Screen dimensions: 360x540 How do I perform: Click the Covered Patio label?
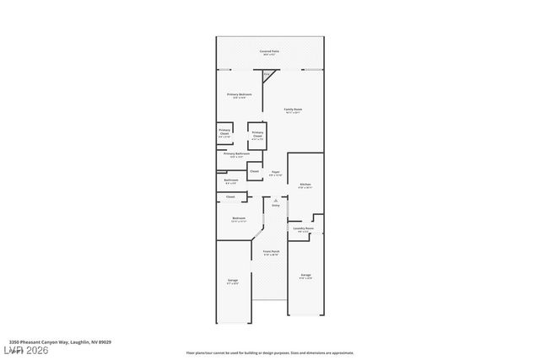(269, 52)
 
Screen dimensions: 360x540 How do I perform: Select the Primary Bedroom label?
(239, 95)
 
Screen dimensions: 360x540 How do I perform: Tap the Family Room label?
(292, 110)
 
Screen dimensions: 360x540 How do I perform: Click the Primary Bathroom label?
(236, 154)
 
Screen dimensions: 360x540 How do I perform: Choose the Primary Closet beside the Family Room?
(257, 134)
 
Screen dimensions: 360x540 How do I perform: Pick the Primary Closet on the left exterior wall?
(224, 133)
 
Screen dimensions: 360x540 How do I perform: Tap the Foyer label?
(275, 173)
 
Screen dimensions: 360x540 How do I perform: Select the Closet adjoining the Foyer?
(254, 171)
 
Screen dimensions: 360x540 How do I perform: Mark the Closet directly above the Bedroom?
(229, 196)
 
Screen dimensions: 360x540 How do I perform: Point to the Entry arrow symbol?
(275, 199)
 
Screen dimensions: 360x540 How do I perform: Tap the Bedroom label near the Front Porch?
(239, 219)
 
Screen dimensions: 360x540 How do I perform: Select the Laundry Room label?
(303, 229)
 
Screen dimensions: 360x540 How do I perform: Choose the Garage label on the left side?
(232, 281)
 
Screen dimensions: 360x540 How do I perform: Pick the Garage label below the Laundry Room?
(305, 276)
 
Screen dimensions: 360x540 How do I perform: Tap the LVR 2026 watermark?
(25, 350)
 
